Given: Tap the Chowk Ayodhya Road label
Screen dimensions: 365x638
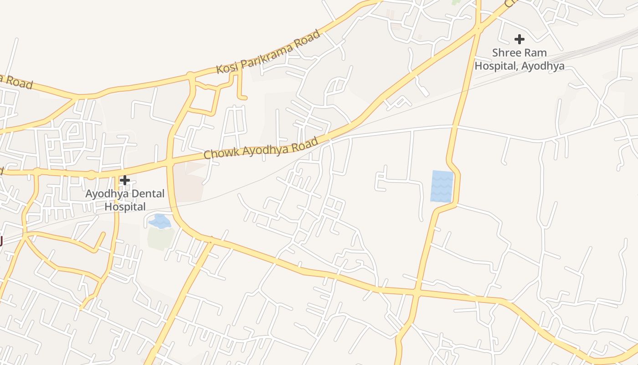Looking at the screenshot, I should pos(261,148).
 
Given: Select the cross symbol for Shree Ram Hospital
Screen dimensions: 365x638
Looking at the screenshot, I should pos(519,39).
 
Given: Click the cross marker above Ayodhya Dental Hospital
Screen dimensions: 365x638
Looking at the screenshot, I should pos(124,180).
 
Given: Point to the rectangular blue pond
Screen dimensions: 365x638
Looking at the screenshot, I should pos(442,186).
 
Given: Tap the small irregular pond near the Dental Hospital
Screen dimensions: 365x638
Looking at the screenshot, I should pos(160,222).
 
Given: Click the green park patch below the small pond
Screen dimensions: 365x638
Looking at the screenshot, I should pos(160,239).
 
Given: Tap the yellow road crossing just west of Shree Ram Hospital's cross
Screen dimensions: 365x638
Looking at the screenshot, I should pos(478,28).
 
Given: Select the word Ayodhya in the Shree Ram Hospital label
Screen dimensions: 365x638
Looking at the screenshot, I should pos(543,66).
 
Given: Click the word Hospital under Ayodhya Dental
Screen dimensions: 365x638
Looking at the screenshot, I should pos(125,207).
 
